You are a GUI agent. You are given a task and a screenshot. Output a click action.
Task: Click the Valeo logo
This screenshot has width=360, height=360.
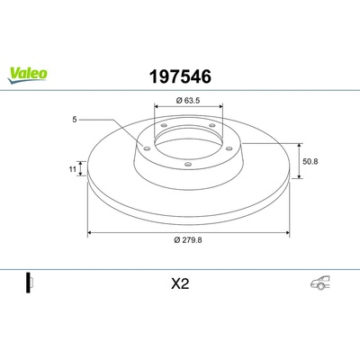click(27, 75)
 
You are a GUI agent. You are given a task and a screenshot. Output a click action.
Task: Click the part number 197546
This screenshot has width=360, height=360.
click(180, 76)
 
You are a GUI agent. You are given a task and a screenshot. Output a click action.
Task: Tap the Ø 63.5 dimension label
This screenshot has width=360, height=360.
click(188, 101)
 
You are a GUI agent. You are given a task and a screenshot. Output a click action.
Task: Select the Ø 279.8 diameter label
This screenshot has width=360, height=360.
click(188, 240)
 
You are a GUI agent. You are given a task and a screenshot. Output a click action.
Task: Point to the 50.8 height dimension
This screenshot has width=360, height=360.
click(310, 162)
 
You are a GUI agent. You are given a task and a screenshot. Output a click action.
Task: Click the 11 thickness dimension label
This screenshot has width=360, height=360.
click(72, 169)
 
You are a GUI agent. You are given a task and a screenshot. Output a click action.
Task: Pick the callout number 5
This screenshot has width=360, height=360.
click(75, 120)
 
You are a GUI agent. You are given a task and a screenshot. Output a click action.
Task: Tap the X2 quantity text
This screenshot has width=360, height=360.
click(180, 283)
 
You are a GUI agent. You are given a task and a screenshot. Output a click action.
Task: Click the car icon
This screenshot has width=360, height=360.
click(319, 283)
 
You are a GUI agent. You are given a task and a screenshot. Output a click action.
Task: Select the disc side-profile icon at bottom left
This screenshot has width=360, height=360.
click(30, 283)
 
